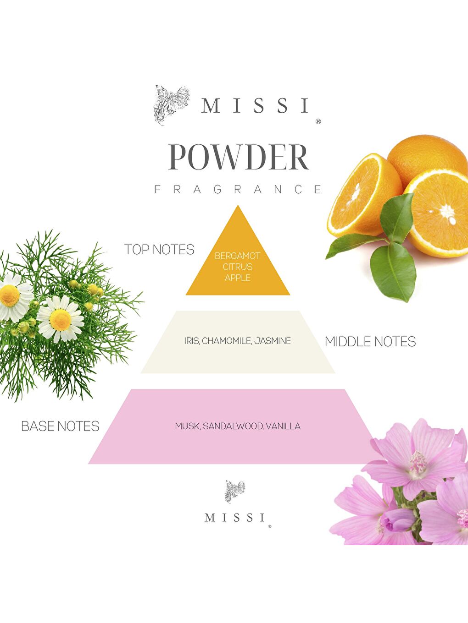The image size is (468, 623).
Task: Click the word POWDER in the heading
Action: [x=238, y=158]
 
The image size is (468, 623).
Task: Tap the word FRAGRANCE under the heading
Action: [x=238, y=189]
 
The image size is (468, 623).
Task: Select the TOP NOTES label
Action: [x=159, y=250]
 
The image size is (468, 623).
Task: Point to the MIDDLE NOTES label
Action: [x=370, y=342]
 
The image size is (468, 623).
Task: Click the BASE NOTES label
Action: [x=60, y=426]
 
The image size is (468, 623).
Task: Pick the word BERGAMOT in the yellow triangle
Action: [x=237, y=256]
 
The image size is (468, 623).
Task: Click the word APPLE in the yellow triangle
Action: [x=237, y=278]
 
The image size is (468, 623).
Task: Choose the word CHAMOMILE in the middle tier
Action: [x=226, y=341]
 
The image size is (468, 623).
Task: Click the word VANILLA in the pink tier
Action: [x=283, y=426]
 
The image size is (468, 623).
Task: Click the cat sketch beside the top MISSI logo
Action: [x=171, y=104]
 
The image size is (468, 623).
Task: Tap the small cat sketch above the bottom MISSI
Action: [x=234, y=492]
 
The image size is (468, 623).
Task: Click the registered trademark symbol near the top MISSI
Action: [x=318, y=121]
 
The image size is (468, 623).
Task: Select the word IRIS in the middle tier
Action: [x=191, y=341]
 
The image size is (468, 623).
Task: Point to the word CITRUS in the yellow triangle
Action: [x=237, y=267]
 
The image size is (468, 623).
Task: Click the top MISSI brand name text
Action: [x=255, y=106]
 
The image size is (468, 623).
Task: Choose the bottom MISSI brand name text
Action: [x=235, y=518]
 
